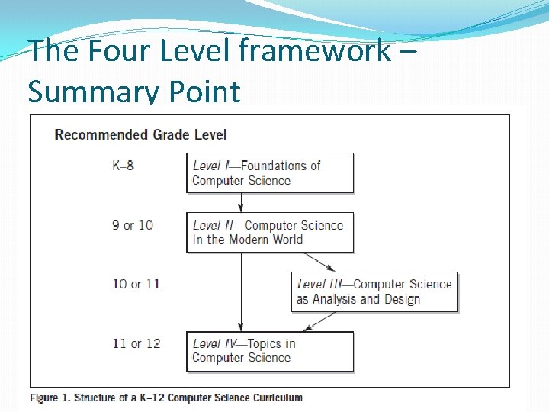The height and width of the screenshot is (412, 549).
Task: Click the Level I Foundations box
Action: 270,173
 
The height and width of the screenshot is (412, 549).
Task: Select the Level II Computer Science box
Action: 270,232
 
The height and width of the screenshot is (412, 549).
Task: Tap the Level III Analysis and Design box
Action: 374,291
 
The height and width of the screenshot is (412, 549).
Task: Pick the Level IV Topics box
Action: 270,351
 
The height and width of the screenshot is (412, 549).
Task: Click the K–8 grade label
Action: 123,165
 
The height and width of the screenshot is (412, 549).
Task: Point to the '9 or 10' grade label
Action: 133,224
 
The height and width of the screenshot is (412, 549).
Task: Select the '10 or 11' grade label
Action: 136,284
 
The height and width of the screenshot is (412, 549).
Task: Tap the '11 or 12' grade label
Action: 136,343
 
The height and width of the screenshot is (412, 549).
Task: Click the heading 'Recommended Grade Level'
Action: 140,135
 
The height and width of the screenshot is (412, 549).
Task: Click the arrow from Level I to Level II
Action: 241,202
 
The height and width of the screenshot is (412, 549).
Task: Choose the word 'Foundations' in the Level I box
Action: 281,166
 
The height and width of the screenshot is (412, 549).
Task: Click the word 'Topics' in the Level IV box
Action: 265,343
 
